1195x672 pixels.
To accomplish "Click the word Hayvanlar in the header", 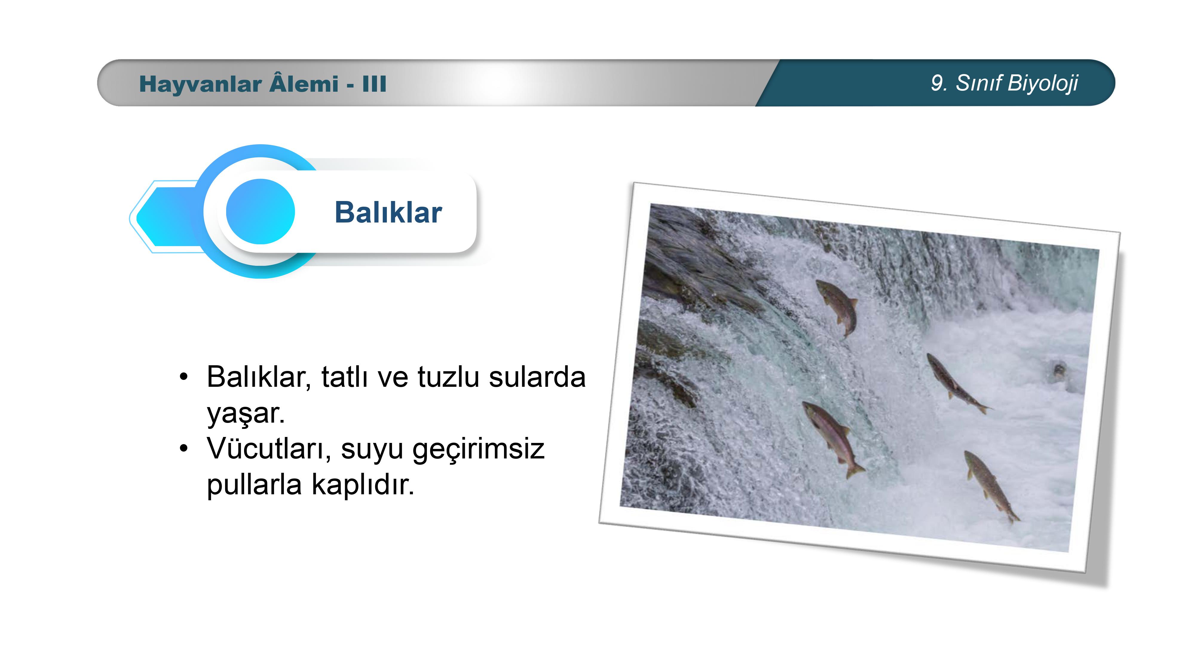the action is (200, 85).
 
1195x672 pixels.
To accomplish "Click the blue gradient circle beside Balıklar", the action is (260, 211).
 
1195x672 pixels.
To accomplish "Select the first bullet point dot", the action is (184, 378).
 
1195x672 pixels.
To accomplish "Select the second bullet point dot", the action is (184, 449).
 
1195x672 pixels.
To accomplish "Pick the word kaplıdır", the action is (363, 485).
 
